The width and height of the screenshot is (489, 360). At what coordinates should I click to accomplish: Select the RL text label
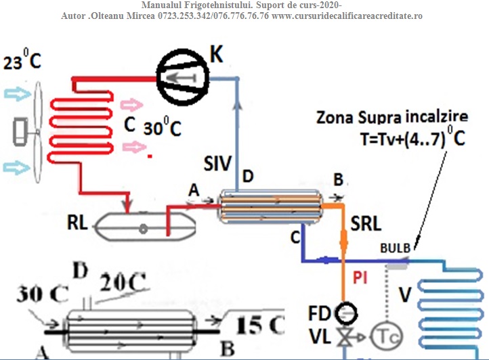point(77,223)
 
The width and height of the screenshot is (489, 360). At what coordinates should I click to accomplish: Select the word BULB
point(395,248)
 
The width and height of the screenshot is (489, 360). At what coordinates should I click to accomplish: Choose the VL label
point(321,336)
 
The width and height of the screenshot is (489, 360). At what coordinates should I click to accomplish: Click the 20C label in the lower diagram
point(121,283)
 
